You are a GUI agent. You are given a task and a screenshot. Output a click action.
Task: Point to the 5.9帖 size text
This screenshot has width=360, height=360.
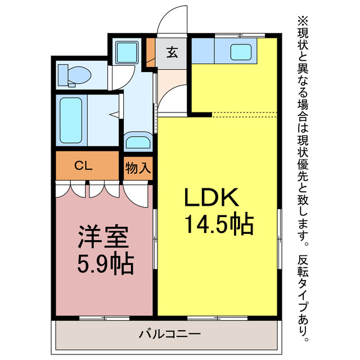point(106,263)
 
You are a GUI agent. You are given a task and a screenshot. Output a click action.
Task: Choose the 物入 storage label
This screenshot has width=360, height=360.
point(137,167)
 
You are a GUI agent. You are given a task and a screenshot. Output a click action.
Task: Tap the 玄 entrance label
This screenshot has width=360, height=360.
point(172,53)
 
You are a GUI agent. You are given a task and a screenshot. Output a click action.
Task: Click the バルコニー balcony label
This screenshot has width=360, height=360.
point(169,335)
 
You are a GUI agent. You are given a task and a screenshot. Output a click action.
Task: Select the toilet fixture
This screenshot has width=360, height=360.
point(76,74)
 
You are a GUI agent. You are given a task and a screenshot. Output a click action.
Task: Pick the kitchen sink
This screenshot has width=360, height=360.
point(243,52)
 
